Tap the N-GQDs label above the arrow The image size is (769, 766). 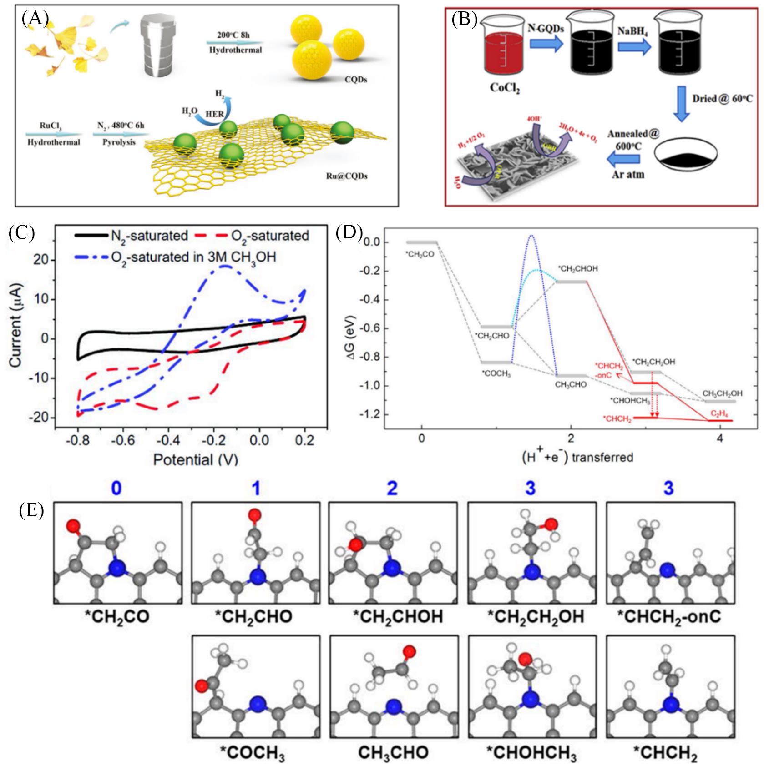546,28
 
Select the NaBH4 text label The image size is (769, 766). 633,31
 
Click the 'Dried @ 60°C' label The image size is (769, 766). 722,98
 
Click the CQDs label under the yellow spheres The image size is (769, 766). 356,80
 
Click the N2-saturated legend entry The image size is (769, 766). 132,236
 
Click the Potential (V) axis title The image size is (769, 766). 196,459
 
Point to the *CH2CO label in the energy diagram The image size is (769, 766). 420,254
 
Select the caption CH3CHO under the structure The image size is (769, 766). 393,753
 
